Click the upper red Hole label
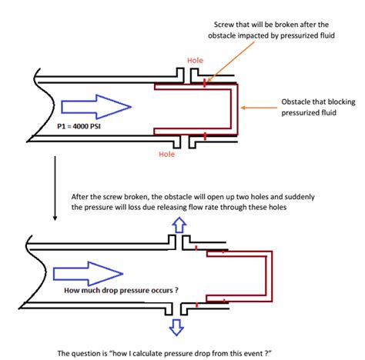[196, 60]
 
